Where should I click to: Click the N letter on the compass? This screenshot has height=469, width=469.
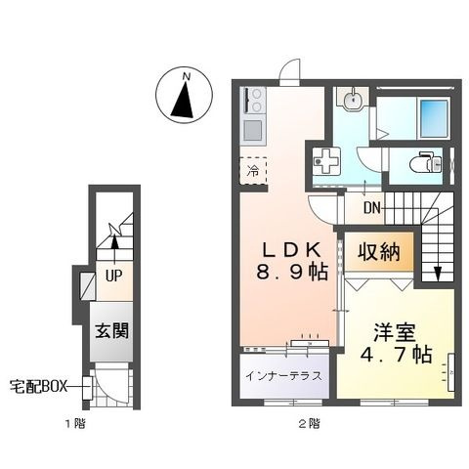tap(187, 77)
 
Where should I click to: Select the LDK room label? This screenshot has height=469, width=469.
tap(292, 250)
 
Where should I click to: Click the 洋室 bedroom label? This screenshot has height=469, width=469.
tap(395, 332)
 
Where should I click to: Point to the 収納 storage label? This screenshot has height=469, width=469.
tap(379, 252)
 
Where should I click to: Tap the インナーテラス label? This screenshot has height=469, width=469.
tap(283, 376)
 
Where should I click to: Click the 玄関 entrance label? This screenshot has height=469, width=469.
tap(111, 331)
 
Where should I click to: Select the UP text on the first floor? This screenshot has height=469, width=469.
tap(114, 277)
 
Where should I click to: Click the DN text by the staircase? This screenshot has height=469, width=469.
tap(372, 208)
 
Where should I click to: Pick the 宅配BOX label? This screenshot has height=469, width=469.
tap(38, 387)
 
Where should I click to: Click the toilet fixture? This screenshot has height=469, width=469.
tap(425, 162)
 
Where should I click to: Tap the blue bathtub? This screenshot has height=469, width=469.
tap(433, 118)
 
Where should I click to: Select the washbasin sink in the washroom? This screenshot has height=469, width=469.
tap(353, 99)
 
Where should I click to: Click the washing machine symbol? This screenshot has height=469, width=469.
tap(326, 160)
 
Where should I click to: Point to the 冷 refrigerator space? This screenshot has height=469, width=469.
tap(253, 171)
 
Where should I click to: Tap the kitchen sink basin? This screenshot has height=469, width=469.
tap(253, 130)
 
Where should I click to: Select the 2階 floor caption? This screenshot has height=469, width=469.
tap(309, 424)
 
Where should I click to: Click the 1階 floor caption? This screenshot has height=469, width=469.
tap(76, 424)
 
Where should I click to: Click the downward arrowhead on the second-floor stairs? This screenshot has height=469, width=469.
tap(438, 275)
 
